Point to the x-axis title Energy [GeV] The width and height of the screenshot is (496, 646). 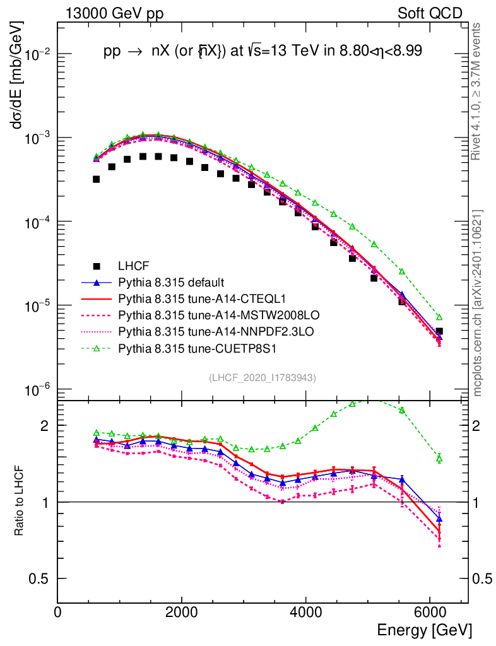click(x=423, y=630)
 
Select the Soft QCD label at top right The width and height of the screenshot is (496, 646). click(x=430, y=13)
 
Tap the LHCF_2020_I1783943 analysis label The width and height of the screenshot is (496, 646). click(x=263, y=377)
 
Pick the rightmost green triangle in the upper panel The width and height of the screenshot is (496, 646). click(x=439, y=317)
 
